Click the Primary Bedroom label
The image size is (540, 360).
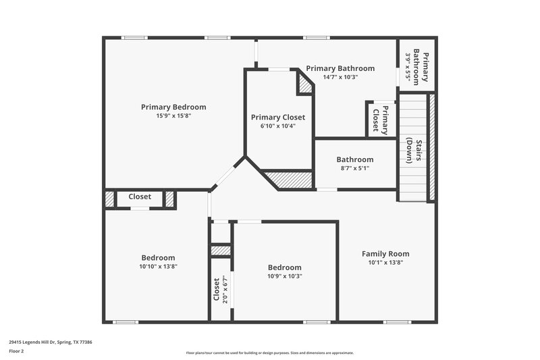173,107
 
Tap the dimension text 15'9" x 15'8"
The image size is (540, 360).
173,115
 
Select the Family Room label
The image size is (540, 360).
385,254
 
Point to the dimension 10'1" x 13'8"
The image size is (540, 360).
385,263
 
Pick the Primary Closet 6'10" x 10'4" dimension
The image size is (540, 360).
279,126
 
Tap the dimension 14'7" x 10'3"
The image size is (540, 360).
340,77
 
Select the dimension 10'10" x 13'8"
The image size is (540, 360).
158,266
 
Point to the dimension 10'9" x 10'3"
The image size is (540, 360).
284,276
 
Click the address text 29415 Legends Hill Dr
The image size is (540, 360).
51,342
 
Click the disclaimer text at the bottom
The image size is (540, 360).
270,353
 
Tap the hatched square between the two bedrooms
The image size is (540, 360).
221,251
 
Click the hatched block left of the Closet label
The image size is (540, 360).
110,199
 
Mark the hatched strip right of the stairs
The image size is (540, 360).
431,147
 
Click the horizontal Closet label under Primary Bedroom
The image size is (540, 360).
140,197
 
